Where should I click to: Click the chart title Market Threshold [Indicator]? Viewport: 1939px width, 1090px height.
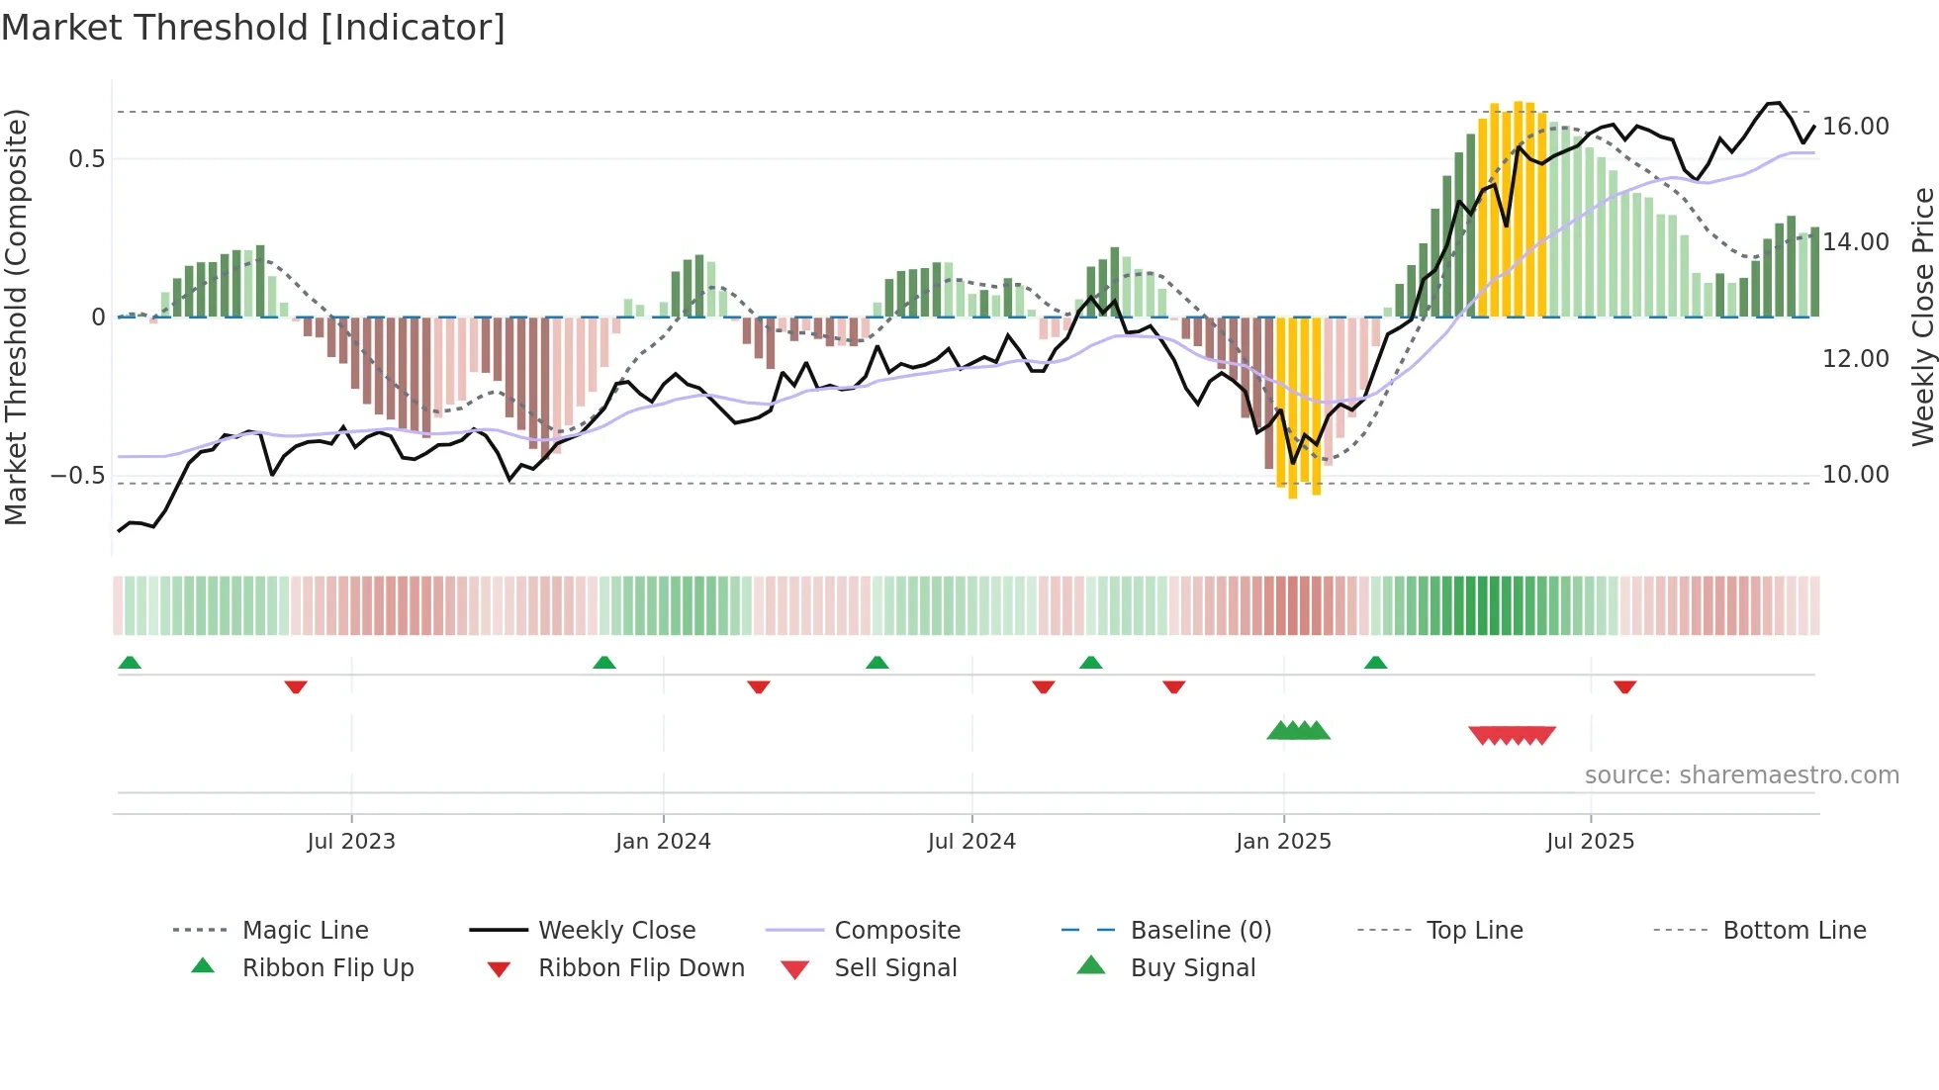point(253,28)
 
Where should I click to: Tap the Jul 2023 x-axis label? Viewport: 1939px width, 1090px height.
point(351,842)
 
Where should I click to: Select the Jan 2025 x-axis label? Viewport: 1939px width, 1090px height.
point(1283,842)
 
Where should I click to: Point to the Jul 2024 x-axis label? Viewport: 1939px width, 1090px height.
point(971,842)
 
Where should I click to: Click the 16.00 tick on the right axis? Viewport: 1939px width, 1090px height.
point(1855,127)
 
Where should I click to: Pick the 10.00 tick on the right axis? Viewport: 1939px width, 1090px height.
point(1855,475)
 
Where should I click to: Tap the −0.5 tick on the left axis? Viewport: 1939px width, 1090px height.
point(77,476)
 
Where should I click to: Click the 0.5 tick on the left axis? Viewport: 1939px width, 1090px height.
point(86,159)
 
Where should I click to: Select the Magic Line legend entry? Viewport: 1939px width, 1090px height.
point(305,931)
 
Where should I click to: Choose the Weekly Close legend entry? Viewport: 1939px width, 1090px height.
point(616,931)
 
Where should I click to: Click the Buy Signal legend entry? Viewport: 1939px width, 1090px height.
point(1192,968)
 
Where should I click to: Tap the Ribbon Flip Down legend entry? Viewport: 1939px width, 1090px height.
point(641,968)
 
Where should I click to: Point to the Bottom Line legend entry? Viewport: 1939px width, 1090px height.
point(1794,931)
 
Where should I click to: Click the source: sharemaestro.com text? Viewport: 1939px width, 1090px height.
point(1741,775)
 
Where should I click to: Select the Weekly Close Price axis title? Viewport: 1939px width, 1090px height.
point(1922,317)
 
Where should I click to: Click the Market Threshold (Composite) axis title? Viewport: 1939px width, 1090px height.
point(16,317)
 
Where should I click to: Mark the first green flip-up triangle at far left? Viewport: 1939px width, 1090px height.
point(130,663)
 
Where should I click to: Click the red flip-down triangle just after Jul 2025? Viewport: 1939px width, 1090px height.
point(1624,686)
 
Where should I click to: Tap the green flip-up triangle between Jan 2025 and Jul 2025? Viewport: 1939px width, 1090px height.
point(1375,663)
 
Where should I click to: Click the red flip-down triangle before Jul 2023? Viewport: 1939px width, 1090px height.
point(296,686)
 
